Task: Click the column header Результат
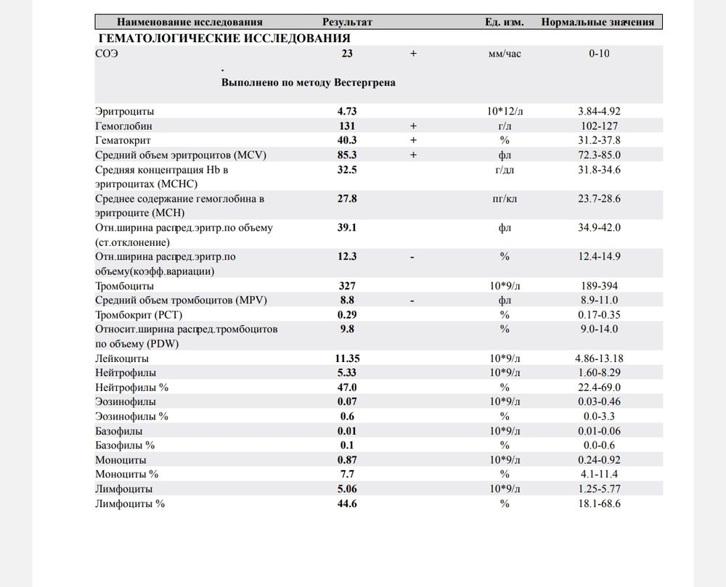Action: click(x=347, y=22)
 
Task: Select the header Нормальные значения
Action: click(x=597, y=22)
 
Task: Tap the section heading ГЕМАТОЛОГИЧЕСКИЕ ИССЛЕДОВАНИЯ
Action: click(x=223, y=38)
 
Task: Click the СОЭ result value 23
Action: click(x=347, y=54)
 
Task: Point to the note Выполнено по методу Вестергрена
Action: click(x=309, y=83)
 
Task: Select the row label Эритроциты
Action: click(x=125, y=112)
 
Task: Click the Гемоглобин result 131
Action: click(x=347, y=126)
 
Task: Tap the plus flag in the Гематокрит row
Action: click(x=413, y=140)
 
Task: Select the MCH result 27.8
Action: click(x=347, y=198)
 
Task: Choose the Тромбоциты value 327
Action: click(x=347, y=286)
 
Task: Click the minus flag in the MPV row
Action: click(x=412, y=300)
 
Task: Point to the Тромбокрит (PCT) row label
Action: click(x=137, y=315)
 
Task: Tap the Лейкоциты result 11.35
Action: click(x=348, y=358)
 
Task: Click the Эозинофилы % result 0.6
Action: click(x=347, y=416)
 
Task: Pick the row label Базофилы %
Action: click(x=125, y=446)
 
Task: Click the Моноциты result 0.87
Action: click(x=347, y=460)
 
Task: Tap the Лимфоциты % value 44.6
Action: click(x=347, y=504)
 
